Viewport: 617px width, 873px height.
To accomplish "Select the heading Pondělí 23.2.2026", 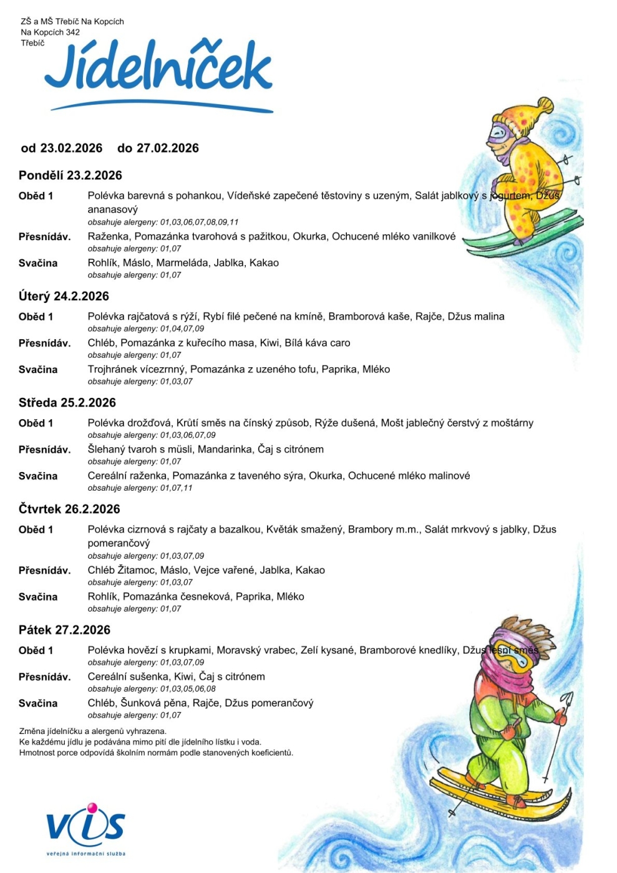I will pos(70,175).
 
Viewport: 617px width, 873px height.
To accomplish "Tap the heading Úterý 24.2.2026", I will pos(64,296).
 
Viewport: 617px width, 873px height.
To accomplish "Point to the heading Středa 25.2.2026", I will pos(67,403).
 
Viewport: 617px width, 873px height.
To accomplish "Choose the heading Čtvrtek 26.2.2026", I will pos(69,509).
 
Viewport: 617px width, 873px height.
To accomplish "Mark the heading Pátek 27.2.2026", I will pos(64,630).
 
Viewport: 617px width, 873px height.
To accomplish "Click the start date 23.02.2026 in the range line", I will pos(71,148).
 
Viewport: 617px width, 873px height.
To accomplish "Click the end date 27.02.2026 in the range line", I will pos(168,148).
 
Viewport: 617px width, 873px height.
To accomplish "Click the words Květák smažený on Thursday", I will pos(304,529).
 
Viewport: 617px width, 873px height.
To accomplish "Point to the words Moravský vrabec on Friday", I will pos(256,650).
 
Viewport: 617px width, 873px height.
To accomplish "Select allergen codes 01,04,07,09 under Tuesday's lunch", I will pos(182,329).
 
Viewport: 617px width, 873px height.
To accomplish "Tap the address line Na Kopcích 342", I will pos(51,32).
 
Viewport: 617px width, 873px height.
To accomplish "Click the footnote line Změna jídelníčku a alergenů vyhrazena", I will pos(93,731).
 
